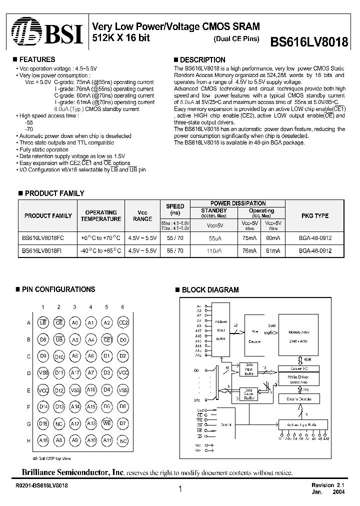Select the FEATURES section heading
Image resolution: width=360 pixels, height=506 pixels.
coord(36,59)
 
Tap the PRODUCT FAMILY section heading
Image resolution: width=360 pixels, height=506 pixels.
coord(54,193)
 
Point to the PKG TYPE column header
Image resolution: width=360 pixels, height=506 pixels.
coord(314,215)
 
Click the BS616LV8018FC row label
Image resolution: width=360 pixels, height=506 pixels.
coord(44,238)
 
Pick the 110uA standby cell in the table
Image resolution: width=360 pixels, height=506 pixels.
coord(214,250)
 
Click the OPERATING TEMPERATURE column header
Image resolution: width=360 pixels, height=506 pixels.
coord(101,215)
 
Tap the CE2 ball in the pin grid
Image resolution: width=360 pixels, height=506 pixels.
coord(122,323)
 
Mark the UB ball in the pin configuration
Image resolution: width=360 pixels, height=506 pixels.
coord(59,340)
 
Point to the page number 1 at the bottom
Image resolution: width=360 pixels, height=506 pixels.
coord(179,490)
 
